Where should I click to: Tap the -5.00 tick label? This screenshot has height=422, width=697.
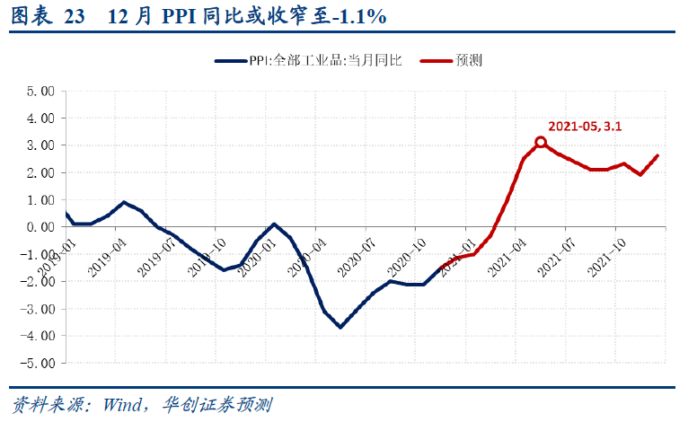point(40,364)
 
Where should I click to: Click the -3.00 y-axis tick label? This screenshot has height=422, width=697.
point(40,309)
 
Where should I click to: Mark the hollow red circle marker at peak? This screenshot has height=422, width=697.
point(541,142)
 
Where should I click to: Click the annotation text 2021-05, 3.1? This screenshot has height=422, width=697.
point(585,127)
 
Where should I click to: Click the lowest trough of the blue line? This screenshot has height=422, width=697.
point(340,327)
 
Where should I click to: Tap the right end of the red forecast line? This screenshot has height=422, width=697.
point(657,155)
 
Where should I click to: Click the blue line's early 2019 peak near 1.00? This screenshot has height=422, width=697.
point(124,203)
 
